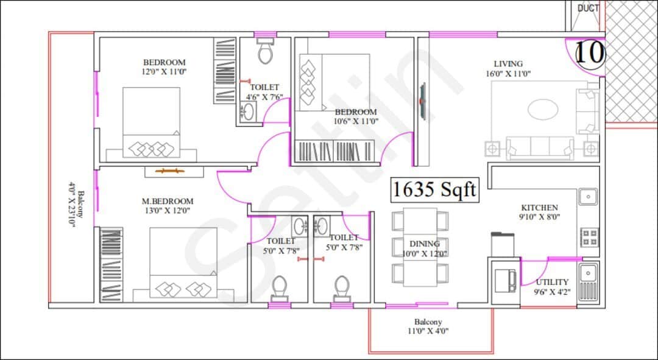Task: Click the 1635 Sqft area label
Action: click(434, 190)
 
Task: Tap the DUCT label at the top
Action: click(588, 9)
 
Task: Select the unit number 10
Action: click(589, 53)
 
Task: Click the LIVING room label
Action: click(508, 63)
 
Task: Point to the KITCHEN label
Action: click(539, 208)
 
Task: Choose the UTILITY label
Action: click(552, 282)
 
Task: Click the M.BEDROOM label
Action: click(168, 201)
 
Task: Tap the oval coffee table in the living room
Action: click(542, 110)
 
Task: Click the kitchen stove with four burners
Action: click(589, 237)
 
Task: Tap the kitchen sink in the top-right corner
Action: click(587, 197)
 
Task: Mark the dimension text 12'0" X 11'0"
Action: click(164, 71)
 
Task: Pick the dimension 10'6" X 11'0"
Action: click(356, 121)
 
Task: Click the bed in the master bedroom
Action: click(183, 262)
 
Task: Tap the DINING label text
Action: click(425, 244)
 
